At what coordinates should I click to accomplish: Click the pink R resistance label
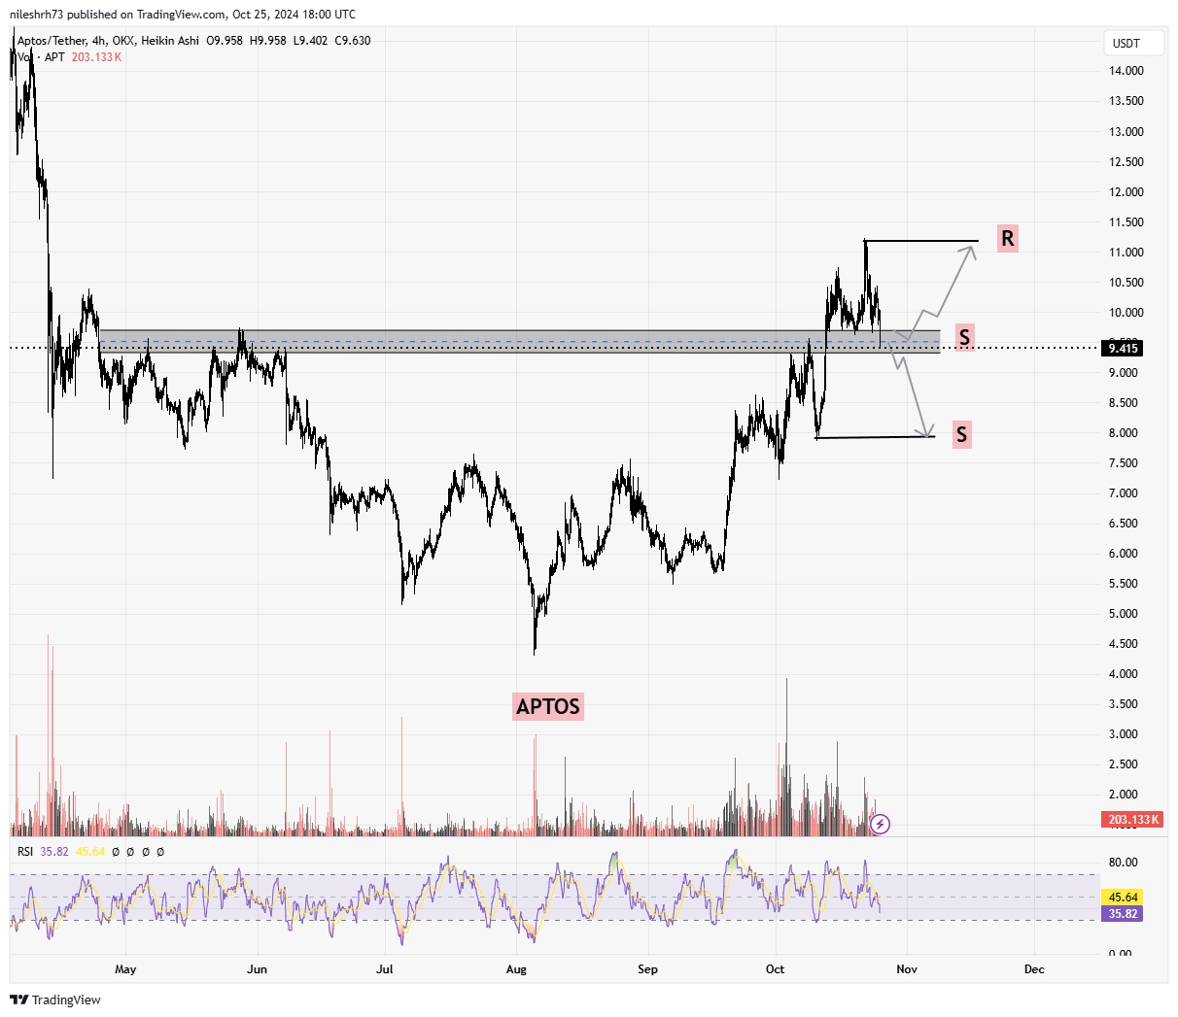[x=1007, y=238]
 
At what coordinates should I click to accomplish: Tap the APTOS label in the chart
[x=548, y=706]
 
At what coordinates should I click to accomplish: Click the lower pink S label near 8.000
[x=961, y=434]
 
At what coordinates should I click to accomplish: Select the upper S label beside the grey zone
[x=963, y=338]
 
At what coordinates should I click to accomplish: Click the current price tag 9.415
[x=1123, y=348]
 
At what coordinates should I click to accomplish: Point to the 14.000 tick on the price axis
[x=1125, y=71]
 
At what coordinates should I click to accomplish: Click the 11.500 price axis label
[x=1125, y=222]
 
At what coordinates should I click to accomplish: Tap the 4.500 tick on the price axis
[x=1125, y=644]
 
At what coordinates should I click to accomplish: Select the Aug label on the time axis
[x=516, y=969]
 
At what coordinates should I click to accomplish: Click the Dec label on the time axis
[x=1034, y=969]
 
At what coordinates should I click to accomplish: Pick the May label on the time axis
[x=125, y=969]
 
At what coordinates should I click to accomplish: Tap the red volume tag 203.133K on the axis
[x=1133, y=820]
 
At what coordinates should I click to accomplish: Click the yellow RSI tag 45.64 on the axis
[x=1124, y=898]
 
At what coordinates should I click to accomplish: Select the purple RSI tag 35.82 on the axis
[x=1124, y=914]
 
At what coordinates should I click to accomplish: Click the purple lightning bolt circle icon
[x=880, y=825]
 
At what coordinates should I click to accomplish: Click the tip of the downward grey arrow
[x=932, y=433]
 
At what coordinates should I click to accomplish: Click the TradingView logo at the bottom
[x=56, y=1000]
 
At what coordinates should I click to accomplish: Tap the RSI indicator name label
[x=25, y=852]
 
